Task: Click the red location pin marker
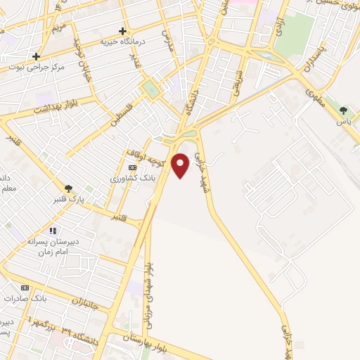[181, 166]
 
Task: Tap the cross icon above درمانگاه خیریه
[123, 31]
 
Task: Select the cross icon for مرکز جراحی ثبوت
[36, 56]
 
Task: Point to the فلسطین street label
[122, 113]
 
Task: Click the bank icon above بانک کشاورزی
[132, 167]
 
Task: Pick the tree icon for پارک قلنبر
[68, 188]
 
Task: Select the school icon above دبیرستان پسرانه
[52, 231]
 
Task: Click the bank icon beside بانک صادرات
[26, 288]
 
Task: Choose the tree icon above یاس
[343, 110]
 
